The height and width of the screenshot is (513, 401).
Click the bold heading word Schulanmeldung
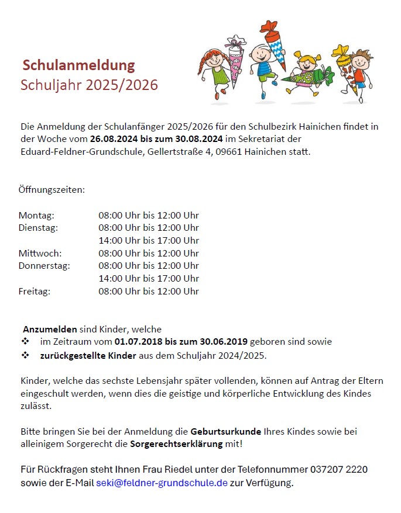click(x=78, y=65)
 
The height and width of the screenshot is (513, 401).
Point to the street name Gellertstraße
click(x=171, y=152)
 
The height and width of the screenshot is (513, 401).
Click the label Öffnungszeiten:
click(x=52, y=190)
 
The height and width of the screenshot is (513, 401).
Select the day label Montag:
click(x=36, y=215)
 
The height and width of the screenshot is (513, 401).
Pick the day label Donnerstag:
click(x=44, y=266)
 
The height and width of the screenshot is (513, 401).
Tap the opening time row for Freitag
click(x=149, y=291)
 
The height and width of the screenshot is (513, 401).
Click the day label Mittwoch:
click(x=40, y=253)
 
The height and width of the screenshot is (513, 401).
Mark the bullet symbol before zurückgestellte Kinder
click(x=25, y=355)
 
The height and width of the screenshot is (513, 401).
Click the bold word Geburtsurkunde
click(x=226, y=432)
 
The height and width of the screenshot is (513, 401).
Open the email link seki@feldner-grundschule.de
click(x=162, y=483)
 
